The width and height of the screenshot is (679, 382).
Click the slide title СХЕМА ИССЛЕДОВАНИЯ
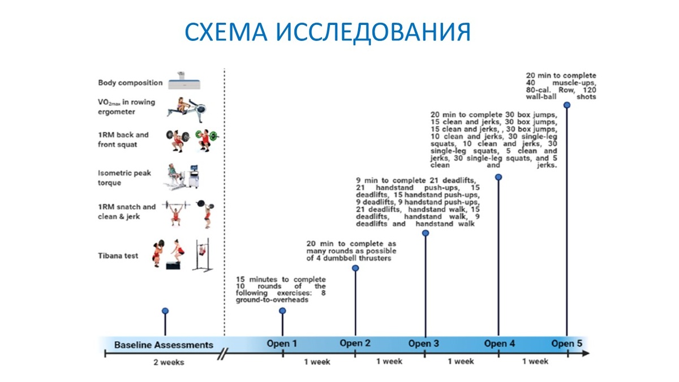click(328, 32)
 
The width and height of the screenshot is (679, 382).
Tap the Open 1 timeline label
click(282, 344)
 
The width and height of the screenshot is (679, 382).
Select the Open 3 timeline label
click(424, 344)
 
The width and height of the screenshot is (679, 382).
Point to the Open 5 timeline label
click(566, 344)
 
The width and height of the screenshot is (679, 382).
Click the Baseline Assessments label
click(164, 344)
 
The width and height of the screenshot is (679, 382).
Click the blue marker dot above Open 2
click(355, 268)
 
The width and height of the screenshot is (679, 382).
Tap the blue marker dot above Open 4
click(498, 177)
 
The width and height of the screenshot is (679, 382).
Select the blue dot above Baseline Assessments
click(165, 311)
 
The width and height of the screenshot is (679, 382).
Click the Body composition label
click(130, 83)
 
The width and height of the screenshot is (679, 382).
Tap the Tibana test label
click(118, 256)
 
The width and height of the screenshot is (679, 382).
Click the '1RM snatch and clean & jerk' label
click(126, 211)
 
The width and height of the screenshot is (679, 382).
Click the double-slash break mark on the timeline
click(224, 354)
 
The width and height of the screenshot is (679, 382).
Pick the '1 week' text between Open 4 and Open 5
click(535, 362)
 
